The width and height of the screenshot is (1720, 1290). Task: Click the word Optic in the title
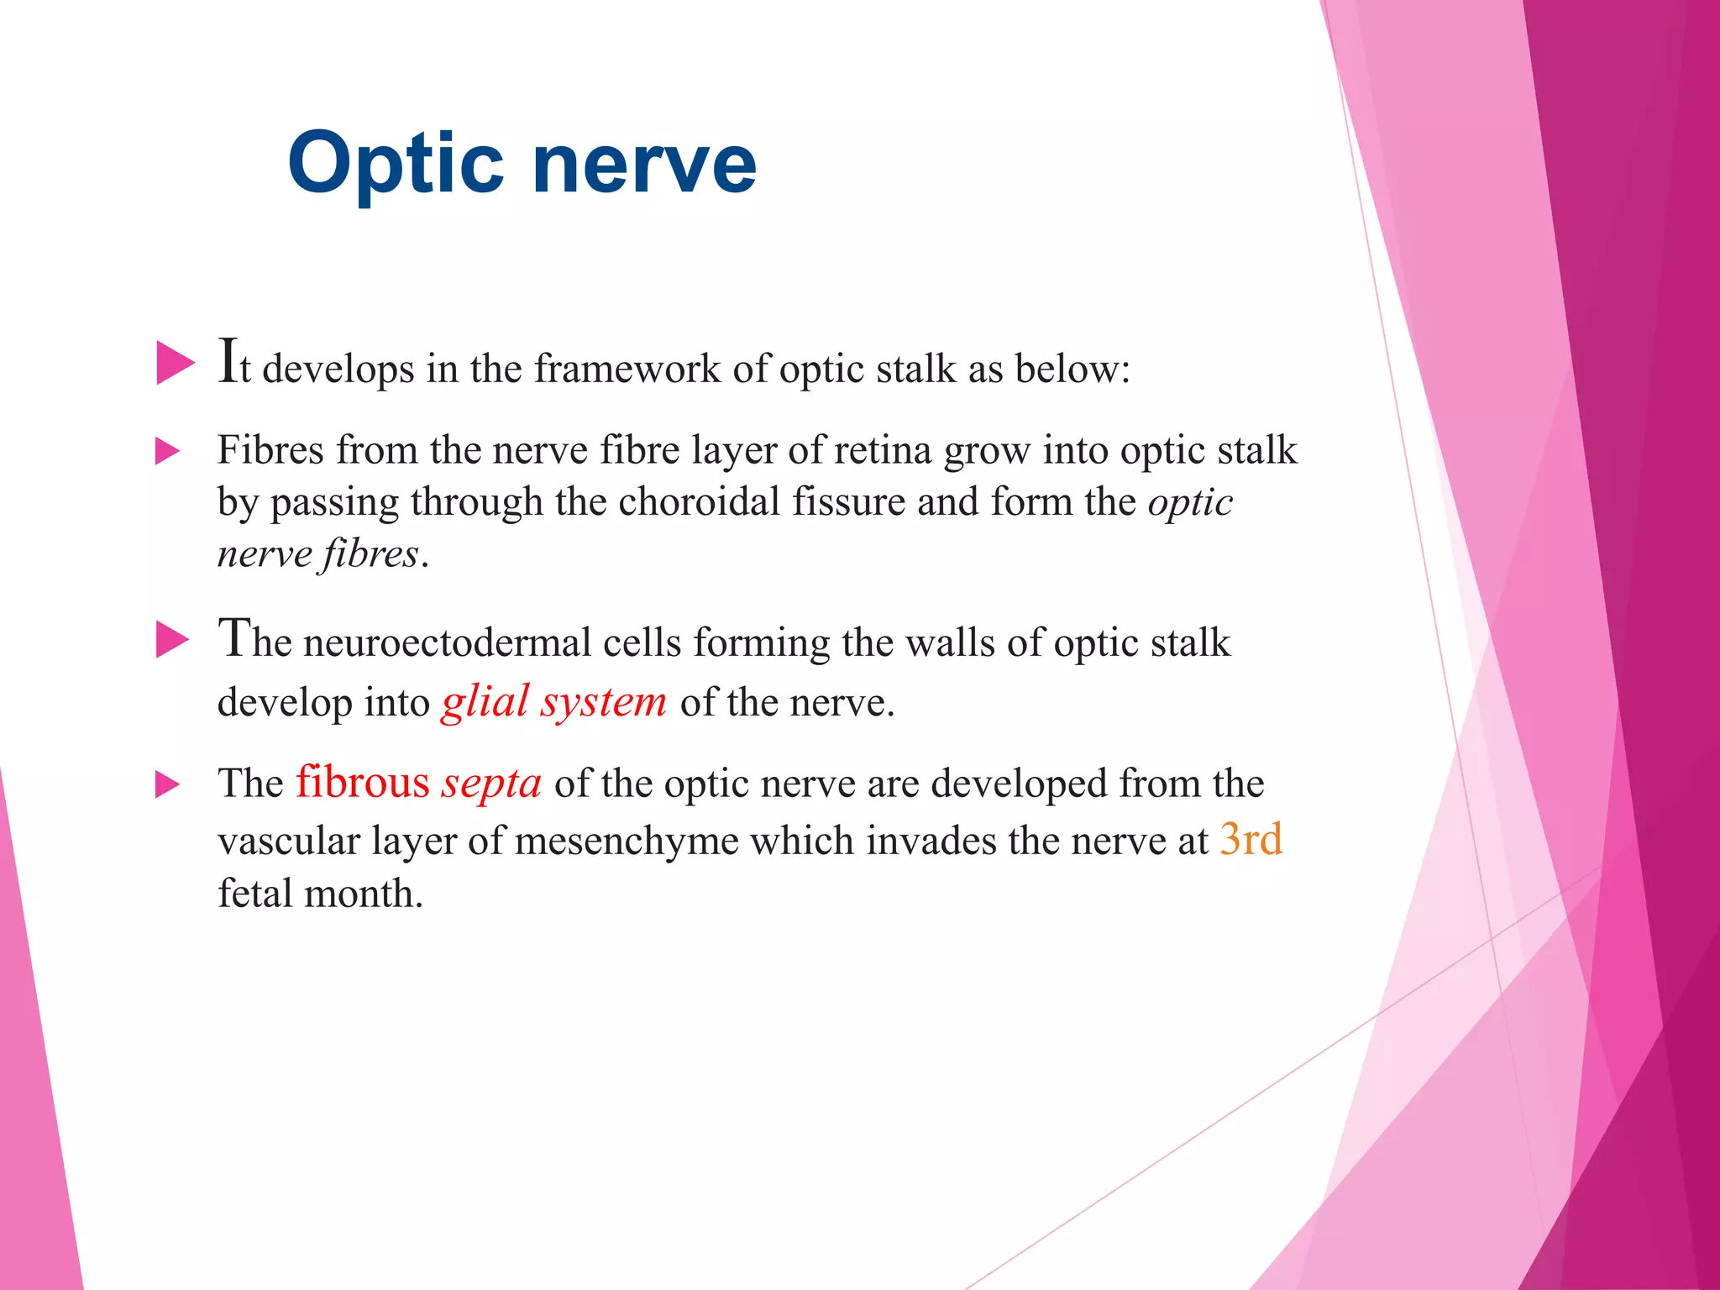396,164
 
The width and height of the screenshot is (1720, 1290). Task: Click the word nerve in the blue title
644,164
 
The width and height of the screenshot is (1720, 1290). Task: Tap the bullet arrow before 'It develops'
175,364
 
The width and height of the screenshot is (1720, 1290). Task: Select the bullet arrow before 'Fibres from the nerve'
168,452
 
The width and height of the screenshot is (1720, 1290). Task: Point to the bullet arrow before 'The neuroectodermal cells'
173,641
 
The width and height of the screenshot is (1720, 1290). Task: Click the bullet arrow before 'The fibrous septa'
168,785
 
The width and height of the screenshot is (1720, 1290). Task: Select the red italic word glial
485,702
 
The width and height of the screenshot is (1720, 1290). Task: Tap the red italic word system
603,702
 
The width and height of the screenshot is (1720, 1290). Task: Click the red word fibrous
362,783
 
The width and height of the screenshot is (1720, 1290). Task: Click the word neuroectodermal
447,643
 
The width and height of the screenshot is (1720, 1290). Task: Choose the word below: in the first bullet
1072,369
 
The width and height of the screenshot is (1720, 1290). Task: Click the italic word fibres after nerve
370,554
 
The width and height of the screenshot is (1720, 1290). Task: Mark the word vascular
289,841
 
